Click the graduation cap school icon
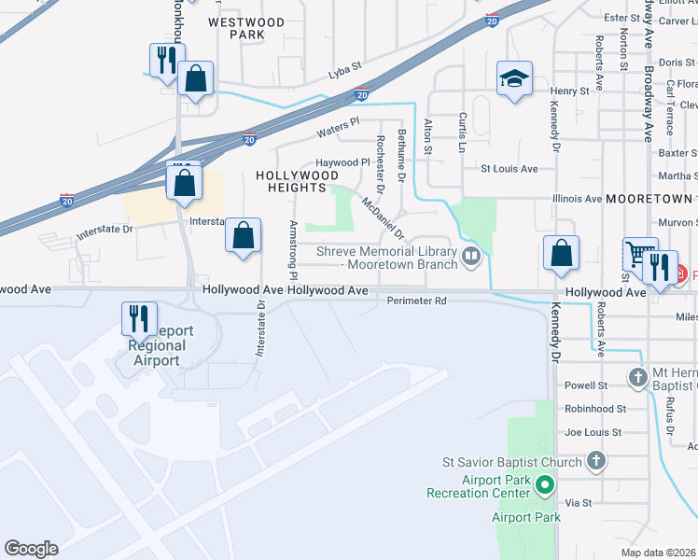[513, 80]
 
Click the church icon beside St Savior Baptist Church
[596, 461]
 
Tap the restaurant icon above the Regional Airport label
[139, 318]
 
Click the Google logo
[31, 549]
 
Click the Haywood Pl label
[342, 162]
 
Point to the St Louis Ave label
[510, 169]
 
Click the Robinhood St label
[595, 409]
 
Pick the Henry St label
[569, 91]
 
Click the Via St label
[579, 502]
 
